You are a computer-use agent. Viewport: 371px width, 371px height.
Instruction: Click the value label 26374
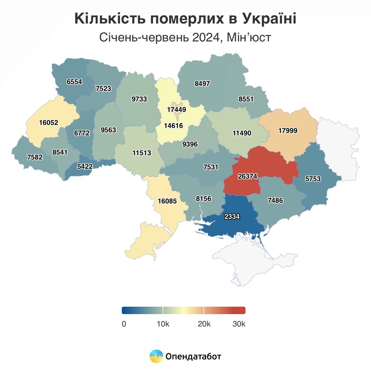coord(248,176)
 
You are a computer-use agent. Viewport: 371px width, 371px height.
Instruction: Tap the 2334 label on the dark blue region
coord(232,217)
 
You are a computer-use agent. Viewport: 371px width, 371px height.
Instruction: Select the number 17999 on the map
coord(288,130)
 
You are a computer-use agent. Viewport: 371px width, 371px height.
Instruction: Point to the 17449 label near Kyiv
coord(177,110)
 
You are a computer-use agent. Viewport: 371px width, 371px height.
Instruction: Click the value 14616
coord(173,126)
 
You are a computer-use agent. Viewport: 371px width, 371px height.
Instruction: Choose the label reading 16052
coord(49,123)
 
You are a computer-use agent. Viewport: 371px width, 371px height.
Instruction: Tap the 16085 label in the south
coord(167,201)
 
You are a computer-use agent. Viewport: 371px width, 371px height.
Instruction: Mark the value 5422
coord(85,167)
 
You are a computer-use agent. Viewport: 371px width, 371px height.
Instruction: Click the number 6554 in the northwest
coord(75,82)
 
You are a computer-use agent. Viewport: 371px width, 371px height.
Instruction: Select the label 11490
coord(242,133)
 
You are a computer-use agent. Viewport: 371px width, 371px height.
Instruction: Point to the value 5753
coord(313,179)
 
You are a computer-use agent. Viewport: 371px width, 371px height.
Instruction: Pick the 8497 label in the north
coord(202,83)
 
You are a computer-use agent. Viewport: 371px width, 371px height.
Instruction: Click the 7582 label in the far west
coord(35,157)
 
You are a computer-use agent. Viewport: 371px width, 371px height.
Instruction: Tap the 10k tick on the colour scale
coord(163,324)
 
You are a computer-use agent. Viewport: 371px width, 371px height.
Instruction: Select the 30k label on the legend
coord(239,324)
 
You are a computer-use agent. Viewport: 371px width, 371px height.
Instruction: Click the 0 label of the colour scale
coord(124,324)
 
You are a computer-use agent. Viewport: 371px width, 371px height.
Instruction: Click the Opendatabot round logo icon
coord(156,356)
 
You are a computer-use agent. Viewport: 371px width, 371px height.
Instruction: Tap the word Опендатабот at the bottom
coord(193,356)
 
